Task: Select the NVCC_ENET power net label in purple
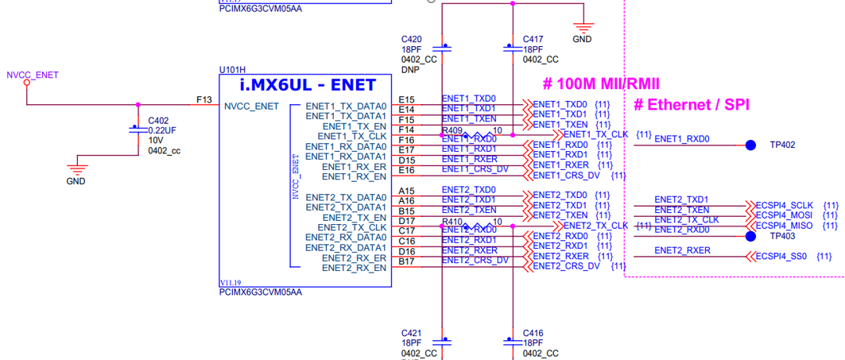(x=33, y=75)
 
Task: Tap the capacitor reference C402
(x=158, y=122)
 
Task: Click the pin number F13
(x=203, y=99)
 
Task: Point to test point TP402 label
(x=783, y=145)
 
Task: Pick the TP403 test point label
(x=783, y=236)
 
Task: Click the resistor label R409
(x=452, y=130)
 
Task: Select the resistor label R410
(x=452, y=221)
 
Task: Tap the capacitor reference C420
(x=412, y=39)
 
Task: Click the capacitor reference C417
(x=533, y=39)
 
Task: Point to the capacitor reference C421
(x=412, y=333)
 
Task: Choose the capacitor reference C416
(x=533, y=333)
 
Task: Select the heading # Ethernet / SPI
(x=692, y=104)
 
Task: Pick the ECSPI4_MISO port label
(x=785, y=226)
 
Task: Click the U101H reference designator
(x=232, y=70)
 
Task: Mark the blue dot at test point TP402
(x=750, y=145)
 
